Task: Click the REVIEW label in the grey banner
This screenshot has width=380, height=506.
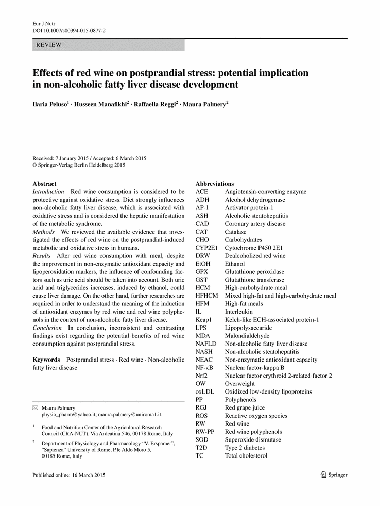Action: point(48,45)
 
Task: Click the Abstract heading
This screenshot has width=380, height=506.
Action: point(44,184)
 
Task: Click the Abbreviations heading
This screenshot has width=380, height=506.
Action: point(214,184)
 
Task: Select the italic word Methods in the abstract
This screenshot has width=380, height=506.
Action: point(43,232)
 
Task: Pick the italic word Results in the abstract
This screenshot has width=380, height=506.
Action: point(42,256)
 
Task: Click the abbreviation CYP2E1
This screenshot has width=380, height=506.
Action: point(207,248)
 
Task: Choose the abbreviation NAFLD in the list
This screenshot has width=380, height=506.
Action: point(206,344)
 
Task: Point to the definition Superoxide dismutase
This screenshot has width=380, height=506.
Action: point(253,440)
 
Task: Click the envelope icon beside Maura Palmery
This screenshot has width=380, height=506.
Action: point(35,408)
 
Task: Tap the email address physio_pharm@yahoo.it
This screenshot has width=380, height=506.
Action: point(68,415)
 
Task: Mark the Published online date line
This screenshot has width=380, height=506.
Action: point(68,475)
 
